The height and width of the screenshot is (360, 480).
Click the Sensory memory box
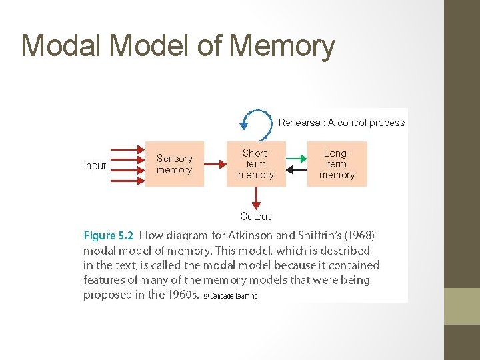click(x=174, y=164)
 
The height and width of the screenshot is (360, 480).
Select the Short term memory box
click(x=255, y=164)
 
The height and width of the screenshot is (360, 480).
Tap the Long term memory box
click(x=336, y=164)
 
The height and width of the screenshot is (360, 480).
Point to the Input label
click(x=95, y=165)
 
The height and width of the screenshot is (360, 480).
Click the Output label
click(x=255, y=216)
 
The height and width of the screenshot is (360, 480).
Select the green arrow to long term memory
click(x=296, y=159)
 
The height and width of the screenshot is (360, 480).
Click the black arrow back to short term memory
click(x=296, y=170)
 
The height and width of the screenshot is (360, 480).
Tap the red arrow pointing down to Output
click(x=255, y=198)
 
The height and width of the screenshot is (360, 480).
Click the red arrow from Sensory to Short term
click(x=215, y=164)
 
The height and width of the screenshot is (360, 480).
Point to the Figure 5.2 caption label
click(x=108, y=235)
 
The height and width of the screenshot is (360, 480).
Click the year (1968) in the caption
click(x=359, y=235)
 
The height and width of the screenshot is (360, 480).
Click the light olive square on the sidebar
click(x=462, y=306)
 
